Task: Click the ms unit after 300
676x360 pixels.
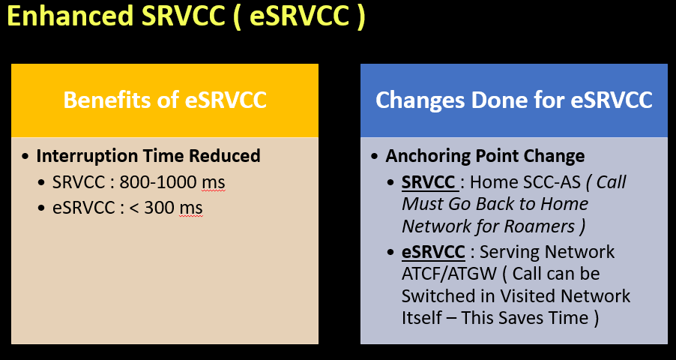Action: tap(190, 207)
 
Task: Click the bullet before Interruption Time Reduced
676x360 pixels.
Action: tap(26, 156)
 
